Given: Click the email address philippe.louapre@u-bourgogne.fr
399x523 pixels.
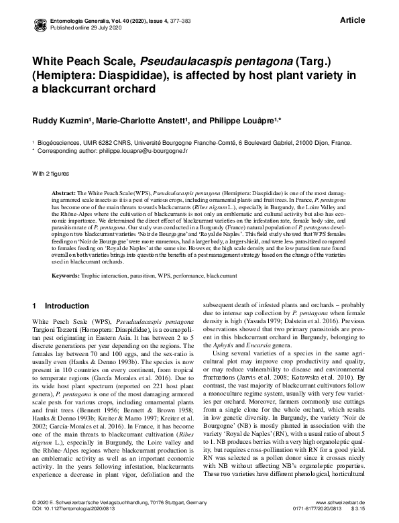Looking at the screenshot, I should click(144, 152).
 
